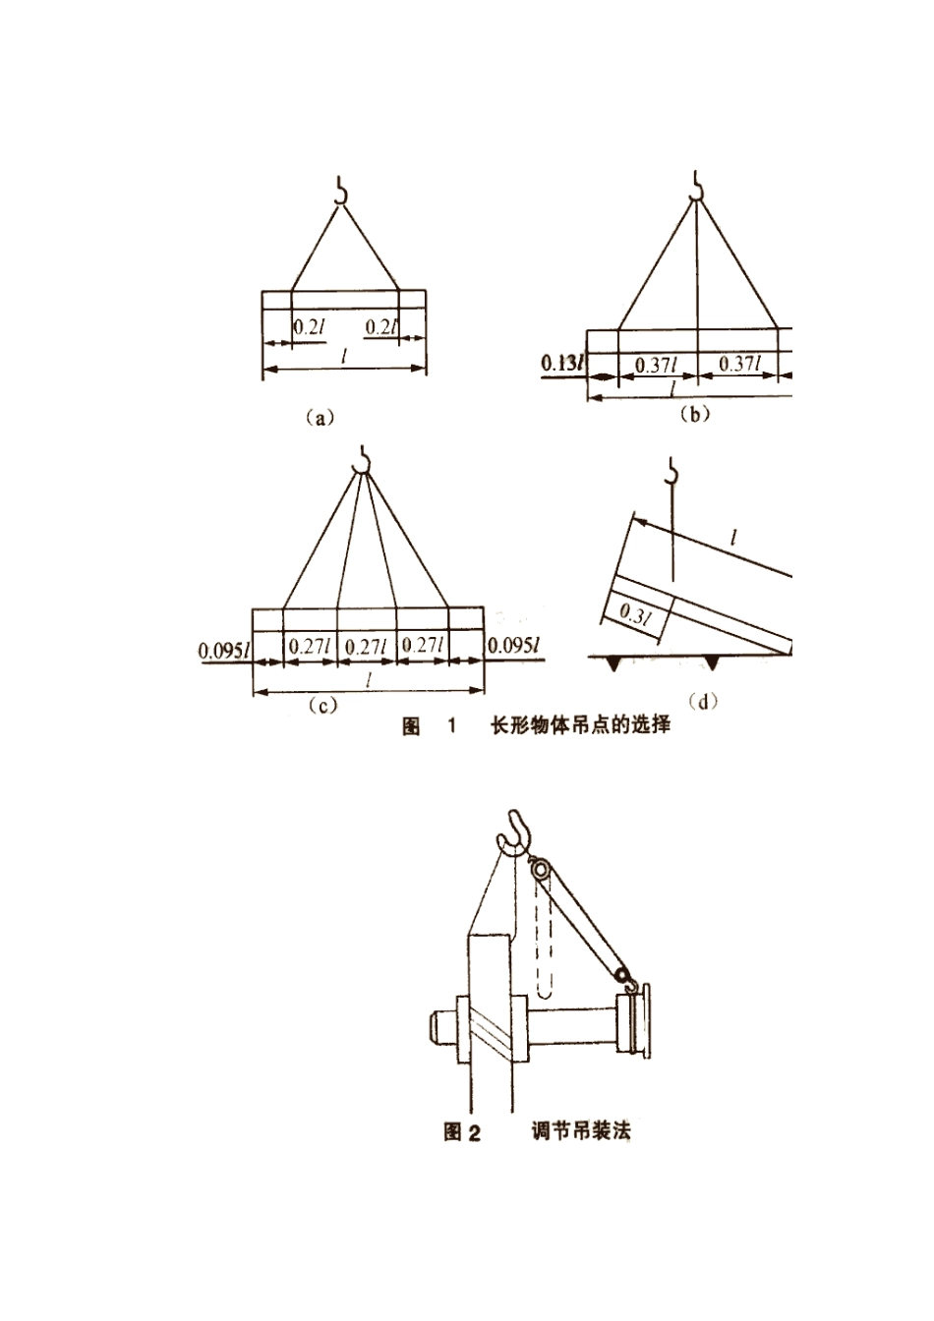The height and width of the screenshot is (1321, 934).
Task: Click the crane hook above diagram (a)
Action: click(340, 191)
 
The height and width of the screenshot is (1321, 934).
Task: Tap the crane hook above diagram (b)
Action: click(697, 184)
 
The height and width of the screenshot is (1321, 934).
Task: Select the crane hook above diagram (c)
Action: click(361, 459)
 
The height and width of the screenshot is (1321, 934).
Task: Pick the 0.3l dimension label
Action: click(635, 614)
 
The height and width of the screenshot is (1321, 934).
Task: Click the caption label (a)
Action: click(321, 418)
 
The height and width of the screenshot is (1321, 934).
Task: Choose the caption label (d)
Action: click(702, 702)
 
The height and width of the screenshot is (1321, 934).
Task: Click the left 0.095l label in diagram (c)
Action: click(225, 651)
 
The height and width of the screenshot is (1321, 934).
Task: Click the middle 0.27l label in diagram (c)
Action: click(365, 647)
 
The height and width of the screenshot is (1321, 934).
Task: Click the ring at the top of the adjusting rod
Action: click(540, 869)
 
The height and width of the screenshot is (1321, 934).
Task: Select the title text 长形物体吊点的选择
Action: click(581, 725)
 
